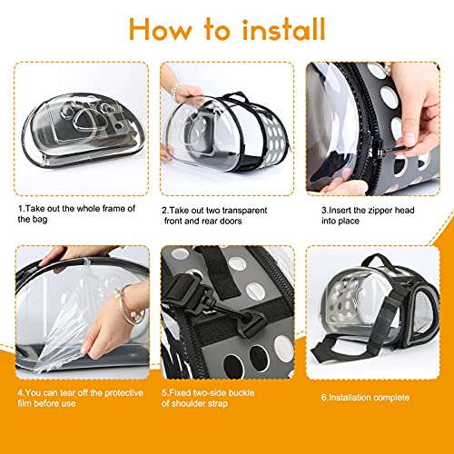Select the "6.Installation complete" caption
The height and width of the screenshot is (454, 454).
point(364,397)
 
